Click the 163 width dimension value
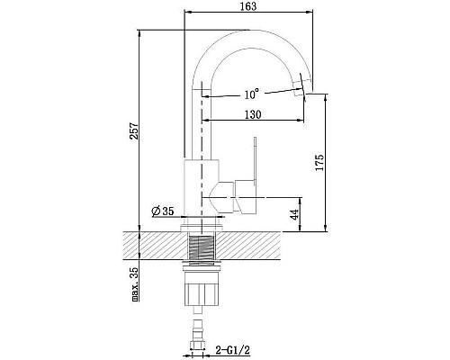coord(248,6)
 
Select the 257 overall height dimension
coord(134,130)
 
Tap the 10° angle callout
coord(251,94)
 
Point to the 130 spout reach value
coord(253,114)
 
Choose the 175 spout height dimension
coord(319,162)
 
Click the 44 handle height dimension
coord(295,214)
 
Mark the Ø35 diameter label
coord(163,211)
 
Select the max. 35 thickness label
coord(135,283)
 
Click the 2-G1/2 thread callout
coord(233,349)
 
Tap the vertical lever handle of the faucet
coord(255,160)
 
